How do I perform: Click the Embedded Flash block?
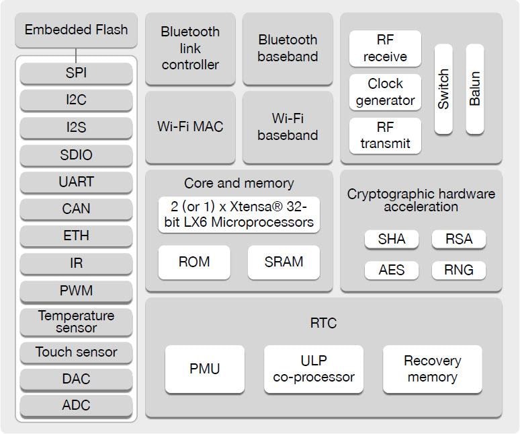[76, 30]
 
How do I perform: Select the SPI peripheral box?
[76, 73]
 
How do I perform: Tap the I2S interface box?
[76, 127]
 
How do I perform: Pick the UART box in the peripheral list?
[76, 182]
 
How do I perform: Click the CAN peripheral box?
[76, 209]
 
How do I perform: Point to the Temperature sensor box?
[76, 322]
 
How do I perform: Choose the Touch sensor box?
[76, 352]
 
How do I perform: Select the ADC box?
[76, 405]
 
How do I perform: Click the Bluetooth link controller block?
[190, 48]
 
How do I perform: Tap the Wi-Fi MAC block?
[190, 126]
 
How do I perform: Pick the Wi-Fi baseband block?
[288, 126]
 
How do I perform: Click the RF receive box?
[385, 48]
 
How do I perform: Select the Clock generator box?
[385, 92]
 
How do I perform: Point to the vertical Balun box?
[475, 89]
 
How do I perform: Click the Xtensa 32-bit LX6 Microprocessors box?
[239, 215]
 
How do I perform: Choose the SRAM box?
[284, 262]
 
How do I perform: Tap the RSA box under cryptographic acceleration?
[459, 239]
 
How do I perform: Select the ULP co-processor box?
[314, 369]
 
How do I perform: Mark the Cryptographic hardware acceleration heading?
[421, 200]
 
